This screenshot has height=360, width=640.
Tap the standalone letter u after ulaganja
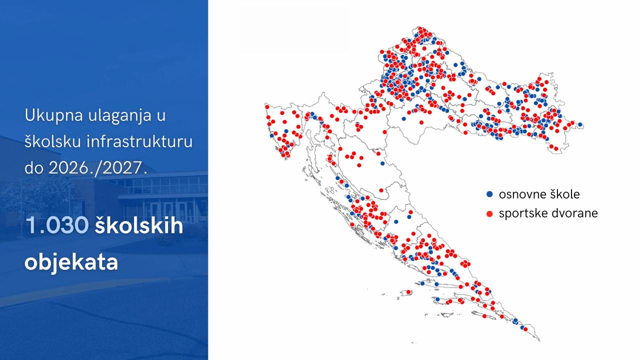point(161,117)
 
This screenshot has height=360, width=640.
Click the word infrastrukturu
point(139,141)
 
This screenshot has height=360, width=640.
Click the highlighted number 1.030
point(56,225)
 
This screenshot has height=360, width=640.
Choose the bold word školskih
point(139,225)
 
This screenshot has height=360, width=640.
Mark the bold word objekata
point(71,262)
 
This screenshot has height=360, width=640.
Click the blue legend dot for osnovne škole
point(489,194)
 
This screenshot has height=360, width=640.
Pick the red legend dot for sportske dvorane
point(489,213)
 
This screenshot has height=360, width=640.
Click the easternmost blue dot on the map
point(579,124)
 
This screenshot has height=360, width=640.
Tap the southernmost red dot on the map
point(525,329)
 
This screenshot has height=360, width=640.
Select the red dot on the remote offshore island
point(408,291)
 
